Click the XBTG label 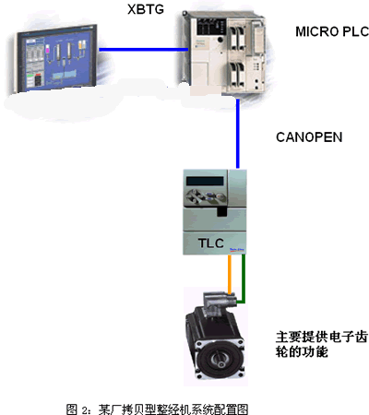(146, 9)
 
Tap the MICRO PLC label (332, 31)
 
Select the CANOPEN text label (309, 137)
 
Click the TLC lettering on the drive (210, 243)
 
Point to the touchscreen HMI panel (57, 58)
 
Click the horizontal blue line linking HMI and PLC (144, 49)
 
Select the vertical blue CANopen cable (238, 134)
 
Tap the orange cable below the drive (230, 275)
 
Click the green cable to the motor (243, 279)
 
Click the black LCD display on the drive (205, 181)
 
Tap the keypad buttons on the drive (205, 196)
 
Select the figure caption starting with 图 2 (157, 409)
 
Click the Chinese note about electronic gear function (321, 344)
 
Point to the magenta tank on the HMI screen (48, 49)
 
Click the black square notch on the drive (221, 211)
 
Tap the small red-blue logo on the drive (237, 250)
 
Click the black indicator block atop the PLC (211, 27)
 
